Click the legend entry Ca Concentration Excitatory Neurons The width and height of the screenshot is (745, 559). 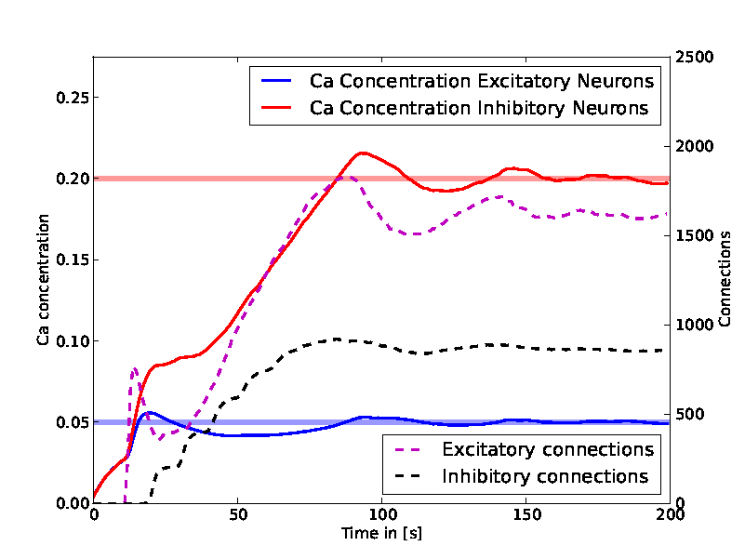point(482,81)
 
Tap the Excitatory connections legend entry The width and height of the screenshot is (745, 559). point(548,450)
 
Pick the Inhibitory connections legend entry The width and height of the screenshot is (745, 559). point(545,476)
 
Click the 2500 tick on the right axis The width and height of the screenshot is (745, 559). point(693,58)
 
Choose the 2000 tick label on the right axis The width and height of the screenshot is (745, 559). point(693,147)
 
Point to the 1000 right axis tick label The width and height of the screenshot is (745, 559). point(693,325)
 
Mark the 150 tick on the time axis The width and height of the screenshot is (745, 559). point(525,515)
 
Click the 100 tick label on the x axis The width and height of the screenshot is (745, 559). point(381,515)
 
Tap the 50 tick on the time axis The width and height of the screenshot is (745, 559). point(237,515)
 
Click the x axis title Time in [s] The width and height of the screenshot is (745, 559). point(381,534)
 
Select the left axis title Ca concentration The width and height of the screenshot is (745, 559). point(43,280)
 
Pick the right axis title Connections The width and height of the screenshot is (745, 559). point(725,280)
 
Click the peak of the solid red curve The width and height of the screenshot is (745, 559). point(363,153)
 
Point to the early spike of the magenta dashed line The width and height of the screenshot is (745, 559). point(135,369)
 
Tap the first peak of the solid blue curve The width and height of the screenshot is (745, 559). point(149,412)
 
